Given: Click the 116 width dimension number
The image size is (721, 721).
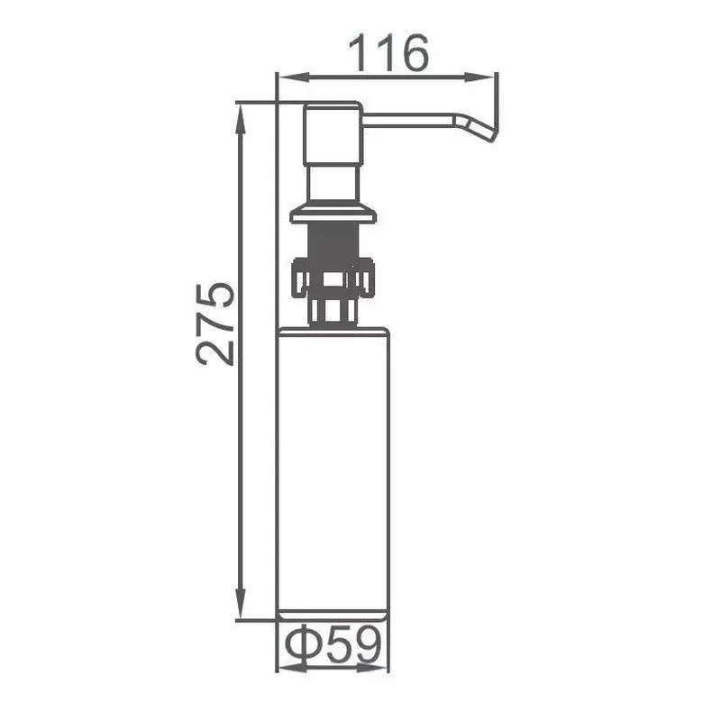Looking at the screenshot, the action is [x=388, y=52].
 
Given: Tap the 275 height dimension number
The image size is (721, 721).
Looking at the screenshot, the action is [x=214, y=324].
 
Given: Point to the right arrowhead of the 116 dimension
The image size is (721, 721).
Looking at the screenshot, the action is [x=479, y=78].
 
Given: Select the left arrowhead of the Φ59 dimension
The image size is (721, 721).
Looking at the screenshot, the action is [x=292, y=667].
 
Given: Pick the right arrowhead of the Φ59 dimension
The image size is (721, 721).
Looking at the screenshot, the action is [x=373, y=667].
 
